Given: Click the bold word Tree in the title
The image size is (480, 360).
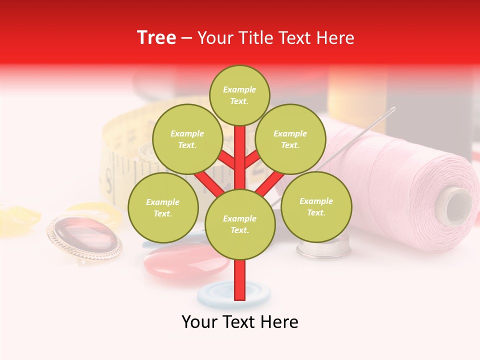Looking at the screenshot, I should (x=156, y=38).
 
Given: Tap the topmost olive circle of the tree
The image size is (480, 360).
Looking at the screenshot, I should (x=239, y=95).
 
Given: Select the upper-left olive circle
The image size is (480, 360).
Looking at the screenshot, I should (x=187, y=139).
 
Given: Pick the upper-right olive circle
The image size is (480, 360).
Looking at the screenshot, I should (x=290, y=139).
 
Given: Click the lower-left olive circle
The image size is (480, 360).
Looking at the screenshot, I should (x=163, y=207).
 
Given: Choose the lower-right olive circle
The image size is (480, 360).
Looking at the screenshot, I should (x=316, y=206).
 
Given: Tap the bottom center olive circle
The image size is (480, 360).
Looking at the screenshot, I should (x=240, y=224).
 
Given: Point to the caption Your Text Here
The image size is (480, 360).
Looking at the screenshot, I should (x=240, y=322).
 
